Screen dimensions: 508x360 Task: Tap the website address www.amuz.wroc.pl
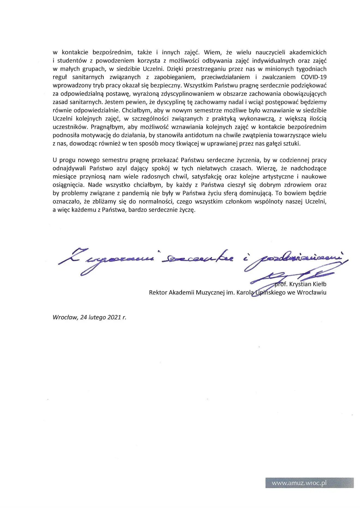point(299,483)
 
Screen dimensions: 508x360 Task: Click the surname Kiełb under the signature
point(319,284)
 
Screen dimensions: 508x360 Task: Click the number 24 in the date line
point(83,317)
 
